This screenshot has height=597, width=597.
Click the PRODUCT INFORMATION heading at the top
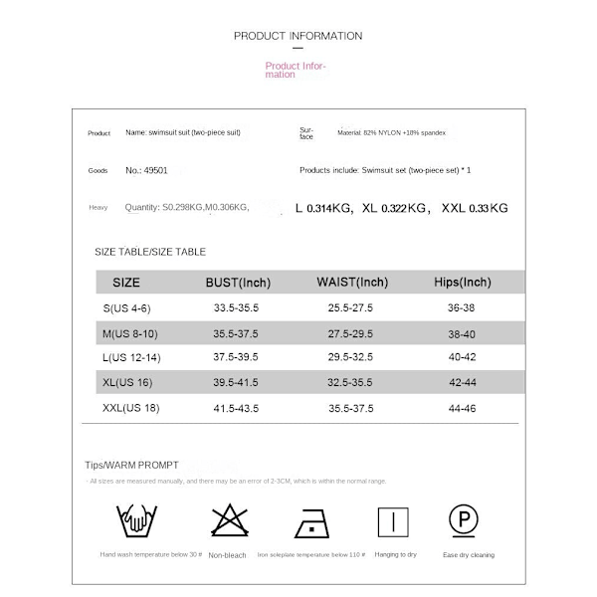pos(298,36)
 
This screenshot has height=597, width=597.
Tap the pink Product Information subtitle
pos(295,70)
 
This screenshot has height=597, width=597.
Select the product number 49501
pos(150,170)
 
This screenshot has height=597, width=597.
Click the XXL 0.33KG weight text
pos(476,208)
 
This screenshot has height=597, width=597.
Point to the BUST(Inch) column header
pos(238,283)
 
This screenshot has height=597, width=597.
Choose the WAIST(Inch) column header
pos(351,283)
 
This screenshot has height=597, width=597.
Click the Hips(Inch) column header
pos(463,283)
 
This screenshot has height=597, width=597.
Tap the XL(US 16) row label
pos(129,382)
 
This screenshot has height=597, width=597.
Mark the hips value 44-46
pos(463,408)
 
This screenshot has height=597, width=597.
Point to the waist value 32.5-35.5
pos(351,382)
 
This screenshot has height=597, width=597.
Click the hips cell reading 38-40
pos(463,332)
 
